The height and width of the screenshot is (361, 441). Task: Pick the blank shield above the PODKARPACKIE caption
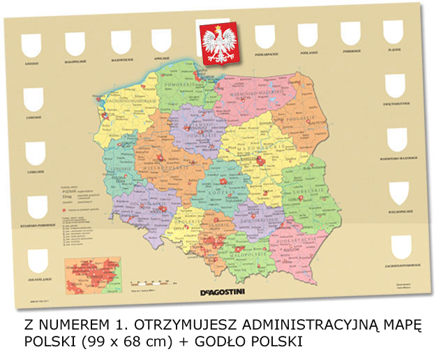(x=264, y=36)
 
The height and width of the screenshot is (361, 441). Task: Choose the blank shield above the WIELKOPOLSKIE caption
(x=398, y=192)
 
